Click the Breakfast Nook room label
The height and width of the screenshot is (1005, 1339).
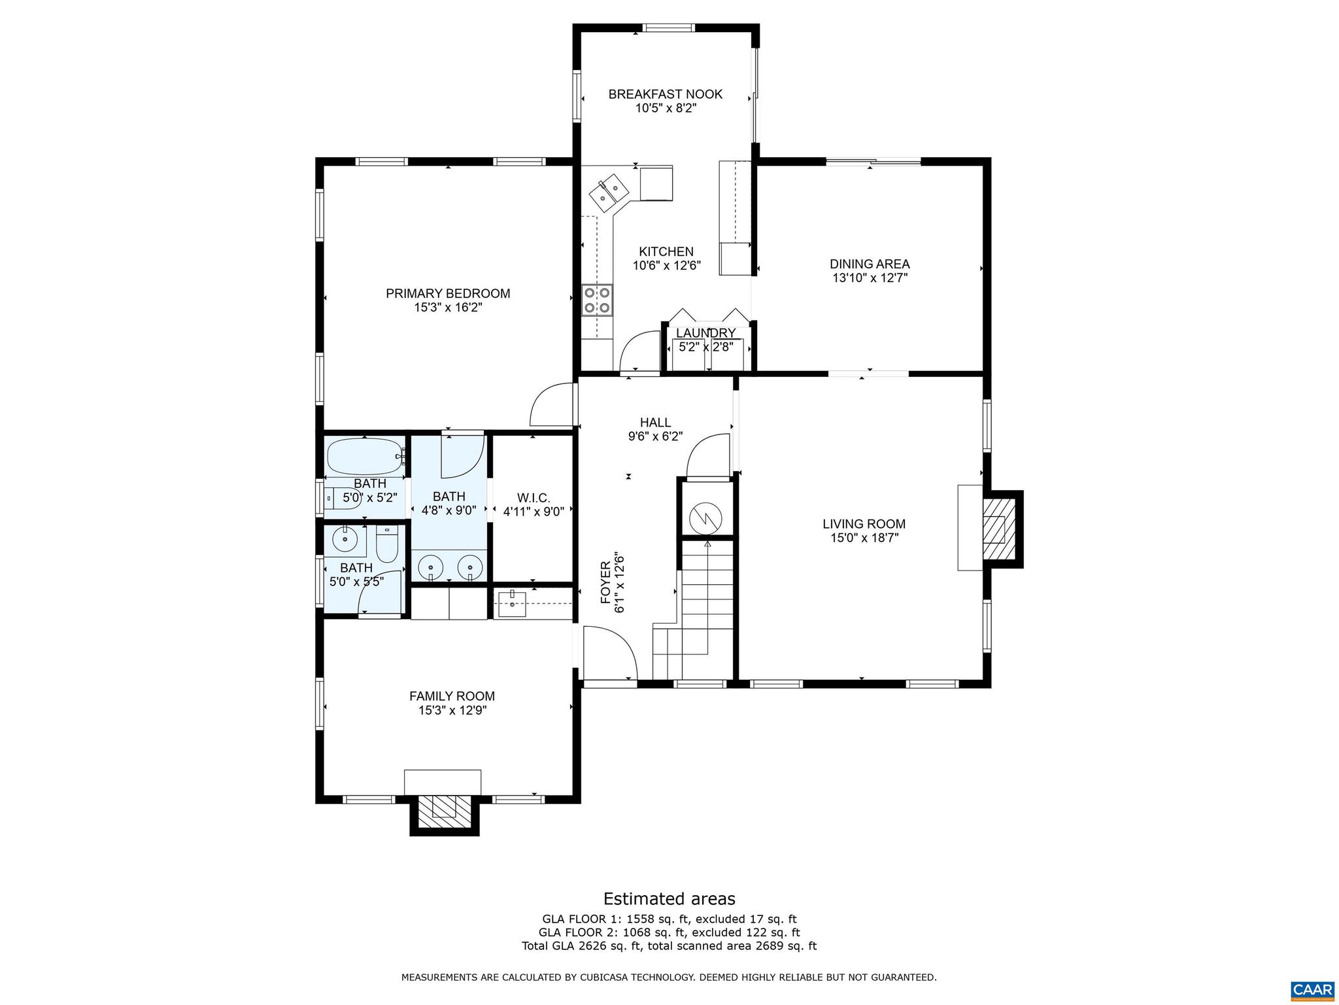(665, 94)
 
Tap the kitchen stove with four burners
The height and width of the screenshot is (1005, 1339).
(598, 300)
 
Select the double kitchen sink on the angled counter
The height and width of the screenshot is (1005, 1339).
(609, 192)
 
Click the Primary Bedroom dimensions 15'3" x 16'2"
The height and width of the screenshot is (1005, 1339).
(448, 308)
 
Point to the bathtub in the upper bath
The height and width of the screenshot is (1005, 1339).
(364, 456)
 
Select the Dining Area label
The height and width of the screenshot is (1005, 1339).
(870, 264)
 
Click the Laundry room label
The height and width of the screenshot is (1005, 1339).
(705, 334)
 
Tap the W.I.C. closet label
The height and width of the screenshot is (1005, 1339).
(533, 498)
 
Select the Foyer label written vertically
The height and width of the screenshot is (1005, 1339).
(605, 583)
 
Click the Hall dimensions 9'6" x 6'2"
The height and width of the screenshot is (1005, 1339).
(655, 436)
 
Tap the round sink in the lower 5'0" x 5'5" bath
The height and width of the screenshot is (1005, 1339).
(344, 540)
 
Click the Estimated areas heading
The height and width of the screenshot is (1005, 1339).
(669, 898)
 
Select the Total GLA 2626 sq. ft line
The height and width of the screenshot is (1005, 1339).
(669, 945)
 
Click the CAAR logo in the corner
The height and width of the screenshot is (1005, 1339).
(1312, 989)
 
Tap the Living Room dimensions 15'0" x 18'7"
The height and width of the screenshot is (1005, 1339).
(864, 538)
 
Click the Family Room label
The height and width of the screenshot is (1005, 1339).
(452, 696)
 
